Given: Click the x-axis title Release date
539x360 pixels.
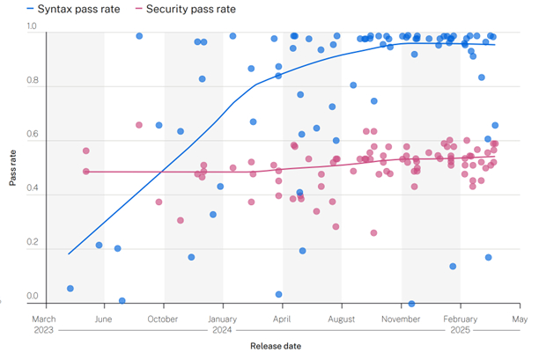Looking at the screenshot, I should pos(276,346).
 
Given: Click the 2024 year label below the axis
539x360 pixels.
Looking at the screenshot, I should pos(223,331).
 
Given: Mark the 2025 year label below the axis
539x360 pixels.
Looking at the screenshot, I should pos(460,331).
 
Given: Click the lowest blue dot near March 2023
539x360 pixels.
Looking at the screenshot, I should pos(70,288).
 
